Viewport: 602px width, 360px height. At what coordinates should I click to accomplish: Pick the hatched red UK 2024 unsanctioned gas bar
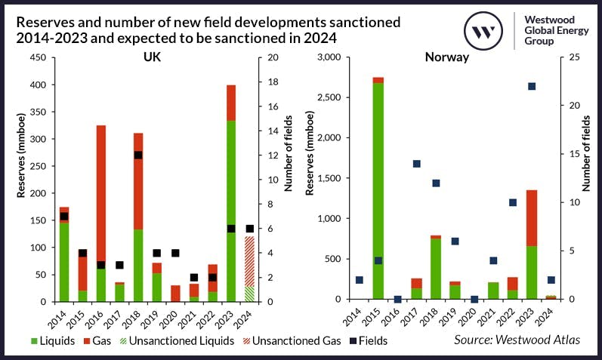pyautogui.click(x=249, y=260)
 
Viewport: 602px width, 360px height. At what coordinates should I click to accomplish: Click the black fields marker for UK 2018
pyautogui.click(x=137, y=155)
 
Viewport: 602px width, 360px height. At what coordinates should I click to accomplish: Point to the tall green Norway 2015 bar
pyautogui.click(x=378, y=189)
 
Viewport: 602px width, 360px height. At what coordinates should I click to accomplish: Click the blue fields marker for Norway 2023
pyautogui.click(x=532, y=86)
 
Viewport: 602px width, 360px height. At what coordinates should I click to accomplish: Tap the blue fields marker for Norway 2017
pyautogui.click(x=416, y=164)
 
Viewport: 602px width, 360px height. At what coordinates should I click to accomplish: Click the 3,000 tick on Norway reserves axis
pyautogui.click(x=329, y=57)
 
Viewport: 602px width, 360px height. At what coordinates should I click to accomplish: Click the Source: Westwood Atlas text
pyautogui.click(x=517, y=340)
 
